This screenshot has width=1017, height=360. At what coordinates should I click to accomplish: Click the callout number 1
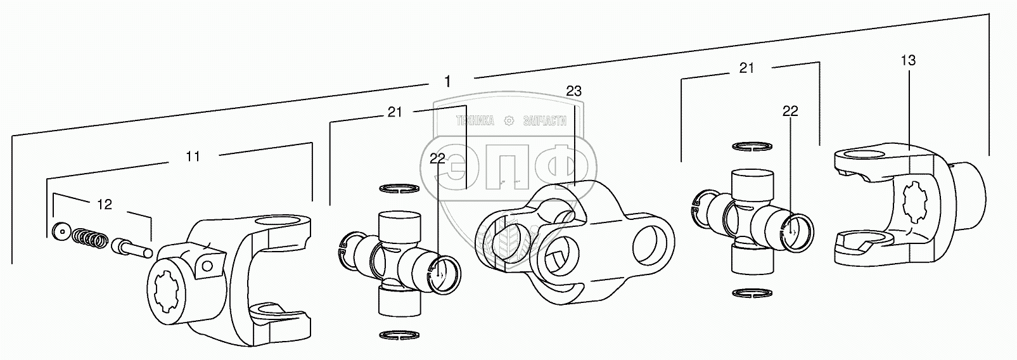447,81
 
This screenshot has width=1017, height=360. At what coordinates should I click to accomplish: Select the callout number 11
193,156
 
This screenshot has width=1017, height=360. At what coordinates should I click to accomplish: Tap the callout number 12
105,204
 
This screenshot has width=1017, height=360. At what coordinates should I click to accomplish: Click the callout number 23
573,91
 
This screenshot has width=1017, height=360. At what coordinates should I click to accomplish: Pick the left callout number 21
395,112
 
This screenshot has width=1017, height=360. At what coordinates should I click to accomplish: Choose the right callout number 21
746,68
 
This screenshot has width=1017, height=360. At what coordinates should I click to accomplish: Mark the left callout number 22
437,158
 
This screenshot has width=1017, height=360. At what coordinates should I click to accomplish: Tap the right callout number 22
790,111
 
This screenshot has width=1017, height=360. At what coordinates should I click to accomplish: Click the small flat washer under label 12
62,231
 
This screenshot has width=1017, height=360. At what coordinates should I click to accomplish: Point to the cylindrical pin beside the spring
131,247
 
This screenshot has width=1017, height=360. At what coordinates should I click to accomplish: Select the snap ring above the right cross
752,146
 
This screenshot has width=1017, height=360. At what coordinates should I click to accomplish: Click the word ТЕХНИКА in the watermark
475,121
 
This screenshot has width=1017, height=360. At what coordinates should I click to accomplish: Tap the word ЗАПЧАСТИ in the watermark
543,121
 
